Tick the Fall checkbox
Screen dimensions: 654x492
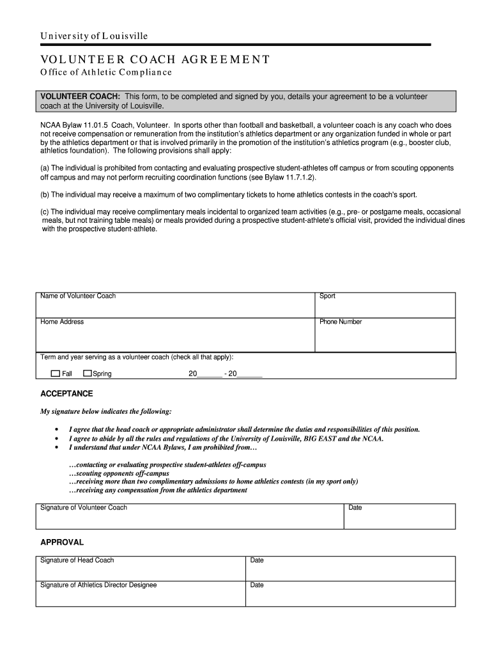55,374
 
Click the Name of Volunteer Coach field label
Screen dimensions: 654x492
78,296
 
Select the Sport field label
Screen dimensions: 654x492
327,296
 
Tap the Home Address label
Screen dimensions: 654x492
62,322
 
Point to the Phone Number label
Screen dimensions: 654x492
341,322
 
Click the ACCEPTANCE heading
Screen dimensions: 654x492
66,393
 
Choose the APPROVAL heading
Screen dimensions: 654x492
62,542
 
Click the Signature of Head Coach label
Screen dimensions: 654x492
77,560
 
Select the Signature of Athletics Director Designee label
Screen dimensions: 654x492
98,585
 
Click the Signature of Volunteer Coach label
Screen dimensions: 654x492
84,508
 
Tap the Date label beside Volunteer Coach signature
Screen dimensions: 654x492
355,508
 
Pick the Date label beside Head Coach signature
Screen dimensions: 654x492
257,560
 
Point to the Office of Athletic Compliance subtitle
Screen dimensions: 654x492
106,72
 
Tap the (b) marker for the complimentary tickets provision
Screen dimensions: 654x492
45,194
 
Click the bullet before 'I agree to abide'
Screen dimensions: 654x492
57,439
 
